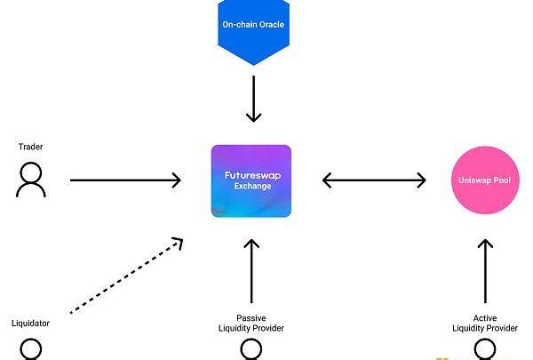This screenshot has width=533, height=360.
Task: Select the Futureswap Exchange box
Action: [x=251, y=181]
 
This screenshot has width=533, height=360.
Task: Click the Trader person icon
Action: [x=31, y=180]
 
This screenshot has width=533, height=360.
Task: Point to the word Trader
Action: [x=31, y=145]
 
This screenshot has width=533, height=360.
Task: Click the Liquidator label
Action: [x=31, y=323]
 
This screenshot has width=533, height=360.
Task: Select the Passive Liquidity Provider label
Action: [x=251, y=323]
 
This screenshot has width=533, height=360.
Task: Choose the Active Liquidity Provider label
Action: [x=485, y=323]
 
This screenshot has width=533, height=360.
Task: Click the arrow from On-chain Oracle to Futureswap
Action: [x=254, y=99]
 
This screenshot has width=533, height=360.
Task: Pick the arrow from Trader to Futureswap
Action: [x=125, y=180]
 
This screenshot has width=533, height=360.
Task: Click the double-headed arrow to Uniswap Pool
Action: [x=374, y=180]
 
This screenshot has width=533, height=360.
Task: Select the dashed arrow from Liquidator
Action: [x=126, y=275]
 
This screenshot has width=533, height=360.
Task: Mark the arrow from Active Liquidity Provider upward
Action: [x=485, y=271]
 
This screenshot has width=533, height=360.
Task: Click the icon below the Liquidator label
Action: [x=31, y=348]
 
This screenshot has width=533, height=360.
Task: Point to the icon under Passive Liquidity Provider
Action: [x=251, y=349]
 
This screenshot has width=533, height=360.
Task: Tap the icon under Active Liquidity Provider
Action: [x=485, y=349]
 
